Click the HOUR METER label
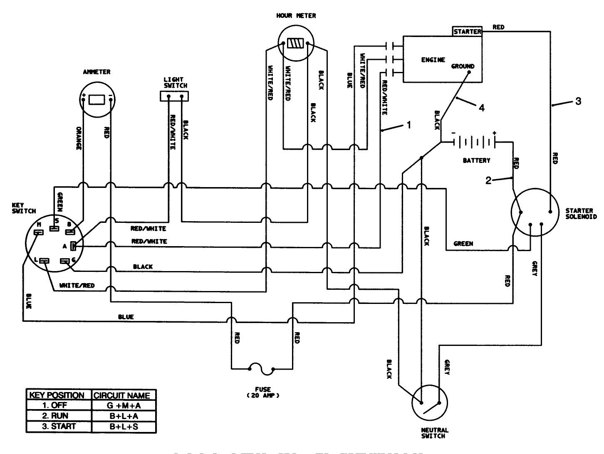click(x=296, y=16)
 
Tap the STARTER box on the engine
click(x=467, y=32)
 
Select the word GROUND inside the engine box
click(x=463, y=67)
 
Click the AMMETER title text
click(x=97, y=72)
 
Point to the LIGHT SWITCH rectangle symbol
click(x=175, y=96)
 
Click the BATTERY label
click(x=476, y=160)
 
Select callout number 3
click(x=578, y=101)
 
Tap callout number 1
click(x=408, y=124)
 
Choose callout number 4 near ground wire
click(x=481, y=108)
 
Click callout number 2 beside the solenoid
click(x=488, y=180)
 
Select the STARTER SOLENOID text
click(x=581, y=214)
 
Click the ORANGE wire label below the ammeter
click(x=79, y=138)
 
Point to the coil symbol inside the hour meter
click(x=296, y=43)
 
